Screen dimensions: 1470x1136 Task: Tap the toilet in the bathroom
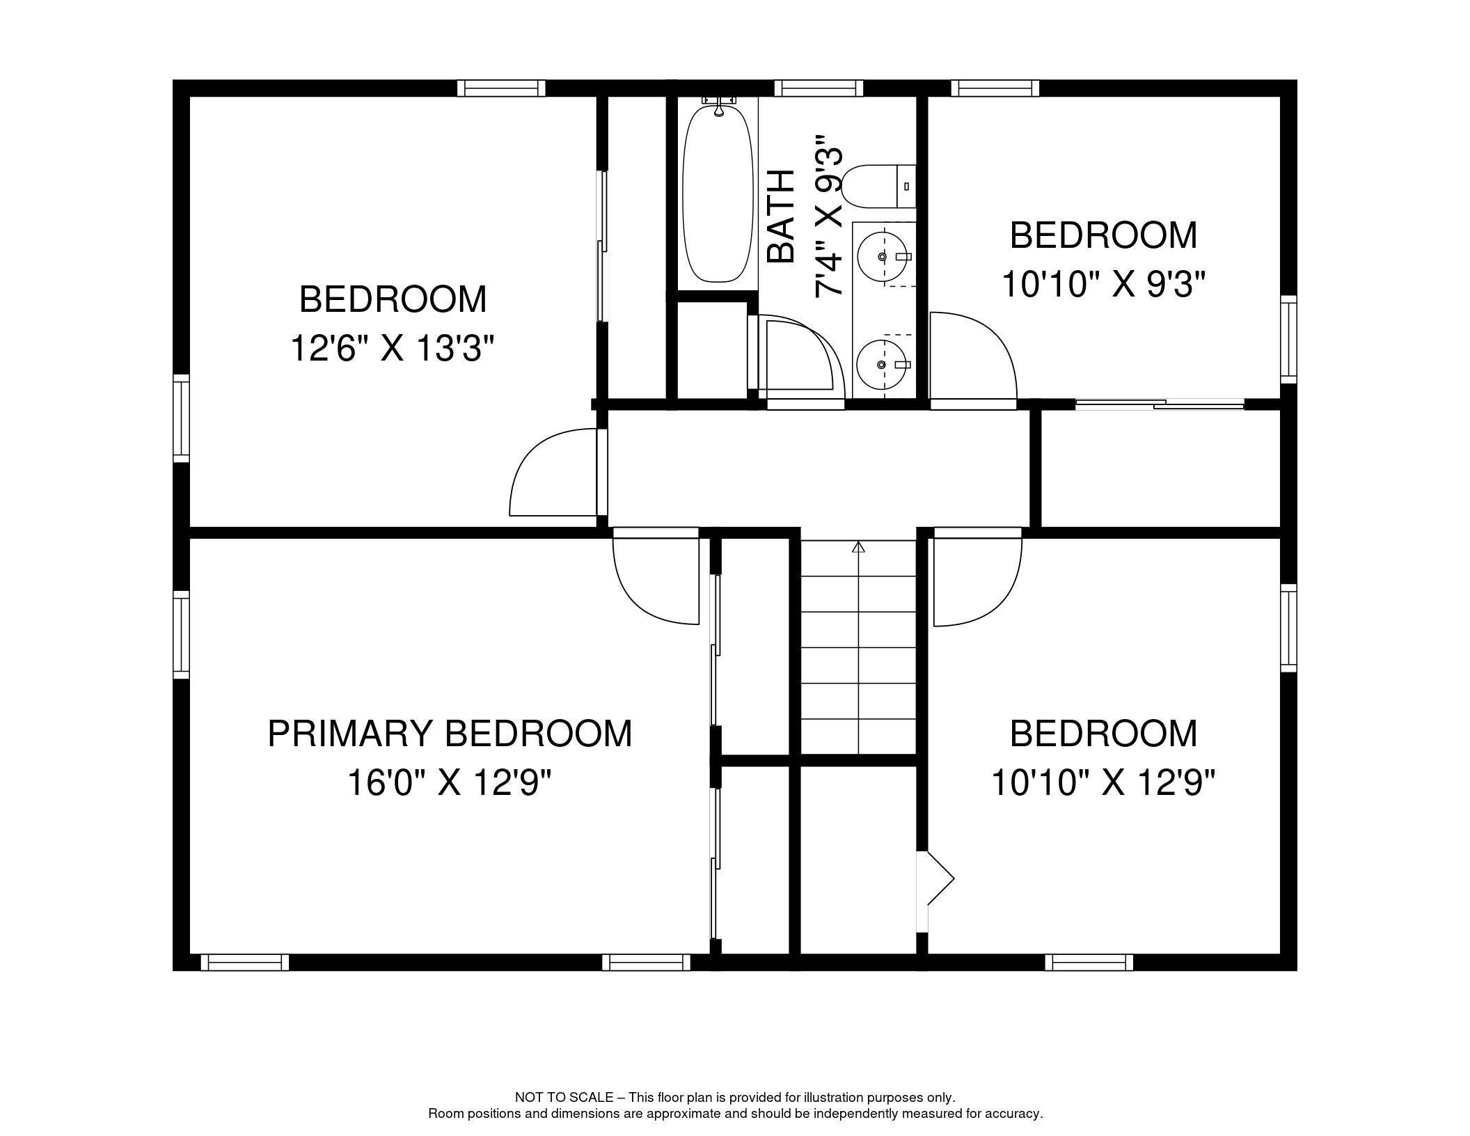point(878,186)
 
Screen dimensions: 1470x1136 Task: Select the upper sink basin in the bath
point(883,257)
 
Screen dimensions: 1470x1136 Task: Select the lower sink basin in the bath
point(882,365)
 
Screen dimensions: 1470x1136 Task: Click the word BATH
point(780,216)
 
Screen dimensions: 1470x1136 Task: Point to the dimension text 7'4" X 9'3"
point(830,216)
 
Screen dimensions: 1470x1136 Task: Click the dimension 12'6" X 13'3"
point(392,348)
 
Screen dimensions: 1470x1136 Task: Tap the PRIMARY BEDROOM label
point(450,734)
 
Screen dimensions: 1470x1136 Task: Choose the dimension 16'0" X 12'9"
point(449,782)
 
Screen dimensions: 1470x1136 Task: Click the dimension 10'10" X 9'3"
point(1103,284)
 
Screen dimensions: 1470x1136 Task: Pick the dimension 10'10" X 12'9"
point(1103,782)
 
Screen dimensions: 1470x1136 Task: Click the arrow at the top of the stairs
point(858,547)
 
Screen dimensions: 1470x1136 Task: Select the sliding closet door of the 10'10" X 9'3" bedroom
point(1160,404)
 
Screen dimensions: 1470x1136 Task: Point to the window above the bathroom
point(819,88)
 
